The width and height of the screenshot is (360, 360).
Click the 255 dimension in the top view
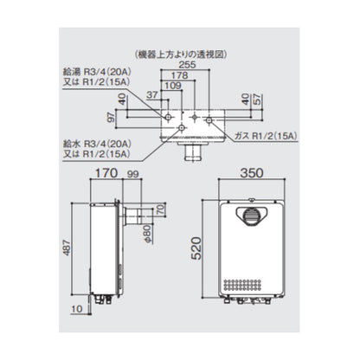point(187,65)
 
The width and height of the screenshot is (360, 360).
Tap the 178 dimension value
point(179,75)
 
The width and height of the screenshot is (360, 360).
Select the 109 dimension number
point(173,86)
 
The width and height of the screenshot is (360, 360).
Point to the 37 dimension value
point(152,95)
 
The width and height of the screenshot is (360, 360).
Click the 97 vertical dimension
point(111,118)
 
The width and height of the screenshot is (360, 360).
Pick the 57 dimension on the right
point(256,99)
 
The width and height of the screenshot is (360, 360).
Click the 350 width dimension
point(252,173)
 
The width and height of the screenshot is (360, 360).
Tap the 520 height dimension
point(196,248)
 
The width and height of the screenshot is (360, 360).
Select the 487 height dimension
point(67,247)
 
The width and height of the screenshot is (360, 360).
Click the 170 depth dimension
point(106,173)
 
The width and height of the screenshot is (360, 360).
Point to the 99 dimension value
point(133,174)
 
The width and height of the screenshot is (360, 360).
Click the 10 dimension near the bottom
point(77,309)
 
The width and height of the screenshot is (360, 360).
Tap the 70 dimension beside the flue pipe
point(161,209)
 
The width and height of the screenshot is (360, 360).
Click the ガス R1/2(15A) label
point(266,136)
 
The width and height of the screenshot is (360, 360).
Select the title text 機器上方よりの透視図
point(181,55)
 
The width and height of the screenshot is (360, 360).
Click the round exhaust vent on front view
point(252,216)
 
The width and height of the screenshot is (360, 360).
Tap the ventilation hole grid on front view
point(242,285)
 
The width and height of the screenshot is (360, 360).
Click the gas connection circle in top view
point(209,119)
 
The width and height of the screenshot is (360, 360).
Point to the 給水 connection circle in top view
point(182,128)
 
